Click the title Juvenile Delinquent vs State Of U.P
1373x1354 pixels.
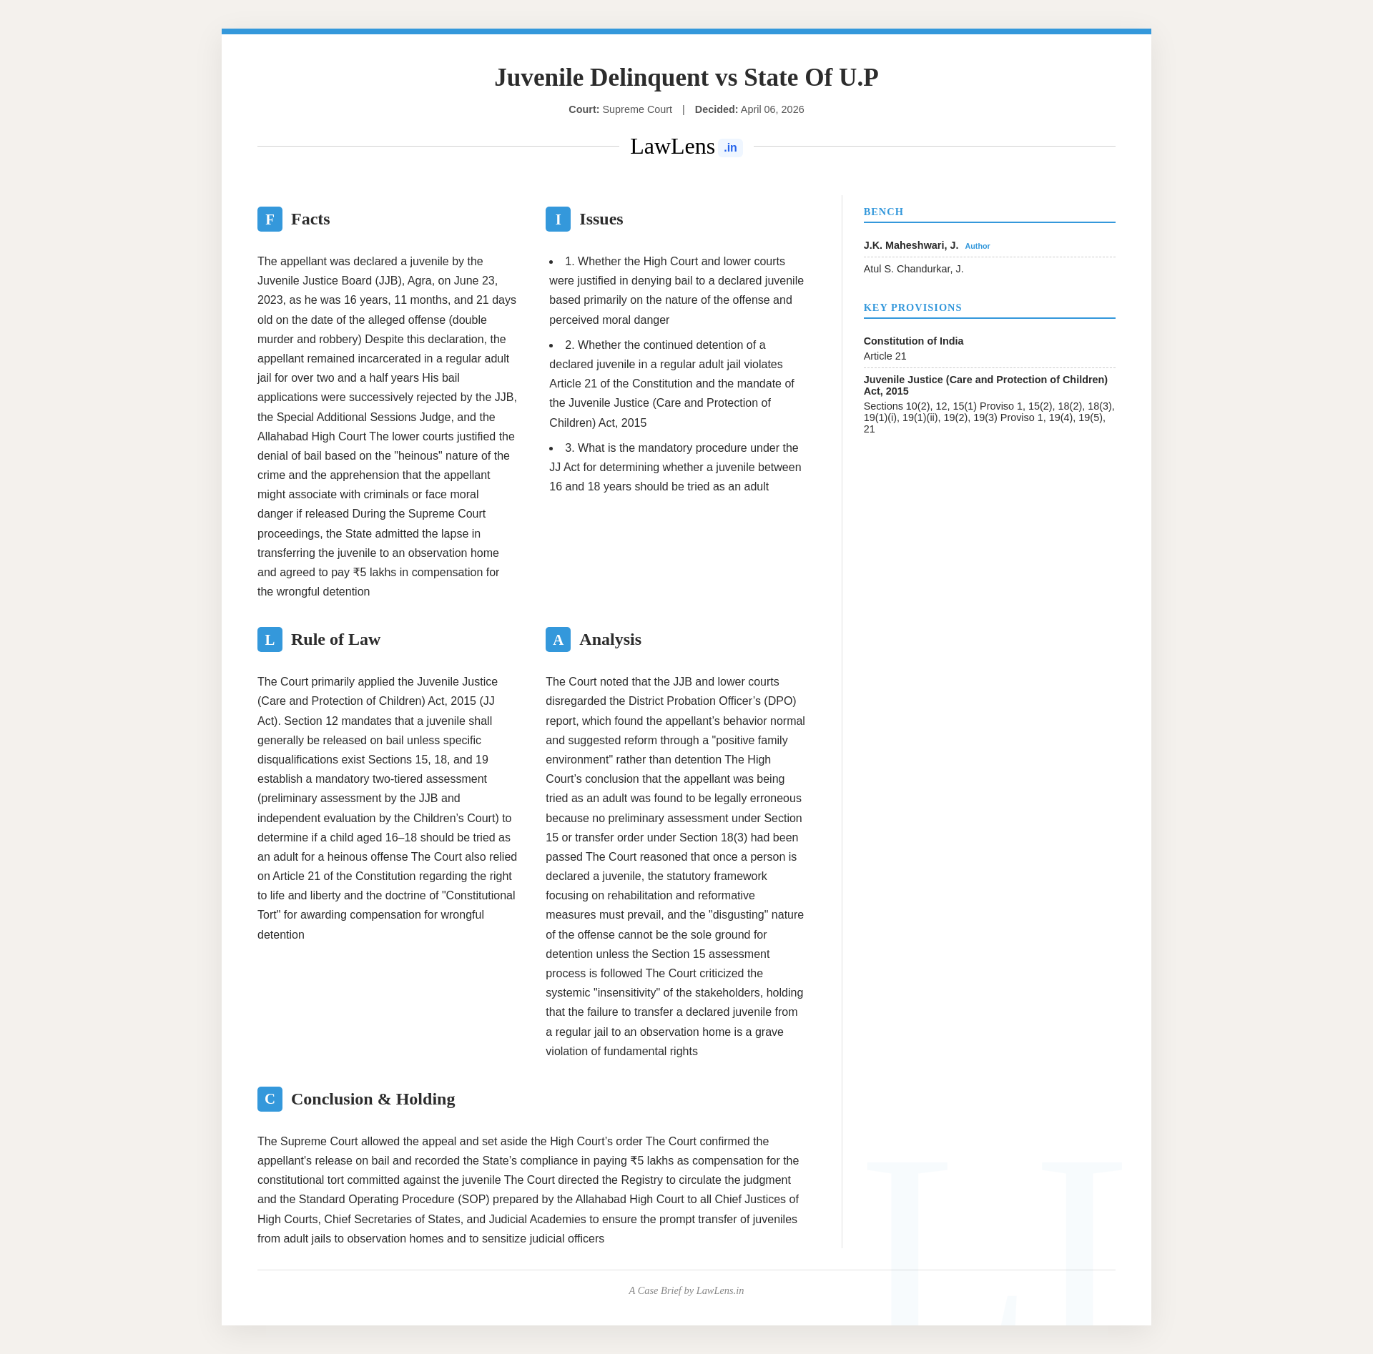(686, 77)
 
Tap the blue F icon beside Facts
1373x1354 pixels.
(270, 219)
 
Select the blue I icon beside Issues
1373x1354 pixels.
(558, 219)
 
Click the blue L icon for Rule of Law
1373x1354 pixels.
(270, 639)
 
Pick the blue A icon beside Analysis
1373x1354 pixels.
(558, 639)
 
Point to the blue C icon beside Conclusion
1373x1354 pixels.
(270, 1099)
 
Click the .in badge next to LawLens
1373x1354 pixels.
(730, 148)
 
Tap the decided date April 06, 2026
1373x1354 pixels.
(772, 109)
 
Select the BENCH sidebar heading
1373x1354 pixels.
(883, 212)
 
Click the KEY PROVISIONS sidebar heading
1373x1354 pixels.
(912, 307)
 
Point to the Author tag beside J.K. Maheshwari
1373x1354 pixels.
(977, 246)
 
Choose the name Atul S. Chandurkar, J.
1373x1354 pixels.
(913, 269)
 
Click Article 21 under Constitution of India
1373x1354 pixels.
(885, 356)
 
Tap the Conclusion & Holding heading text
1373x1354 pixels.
(373, 1099)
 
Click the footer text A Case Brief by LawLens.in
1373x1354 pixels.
(686, 1290)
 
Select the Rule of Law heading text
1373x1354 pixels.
(335, 639)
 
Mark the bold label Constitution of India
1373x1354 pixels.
(913, 341)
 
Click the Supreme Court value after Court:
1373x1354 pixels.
(637, 109)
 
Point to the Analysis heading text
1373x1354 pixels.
(610, 639)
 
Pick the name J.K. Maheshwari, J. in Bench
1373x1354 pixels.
(910, 245)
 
